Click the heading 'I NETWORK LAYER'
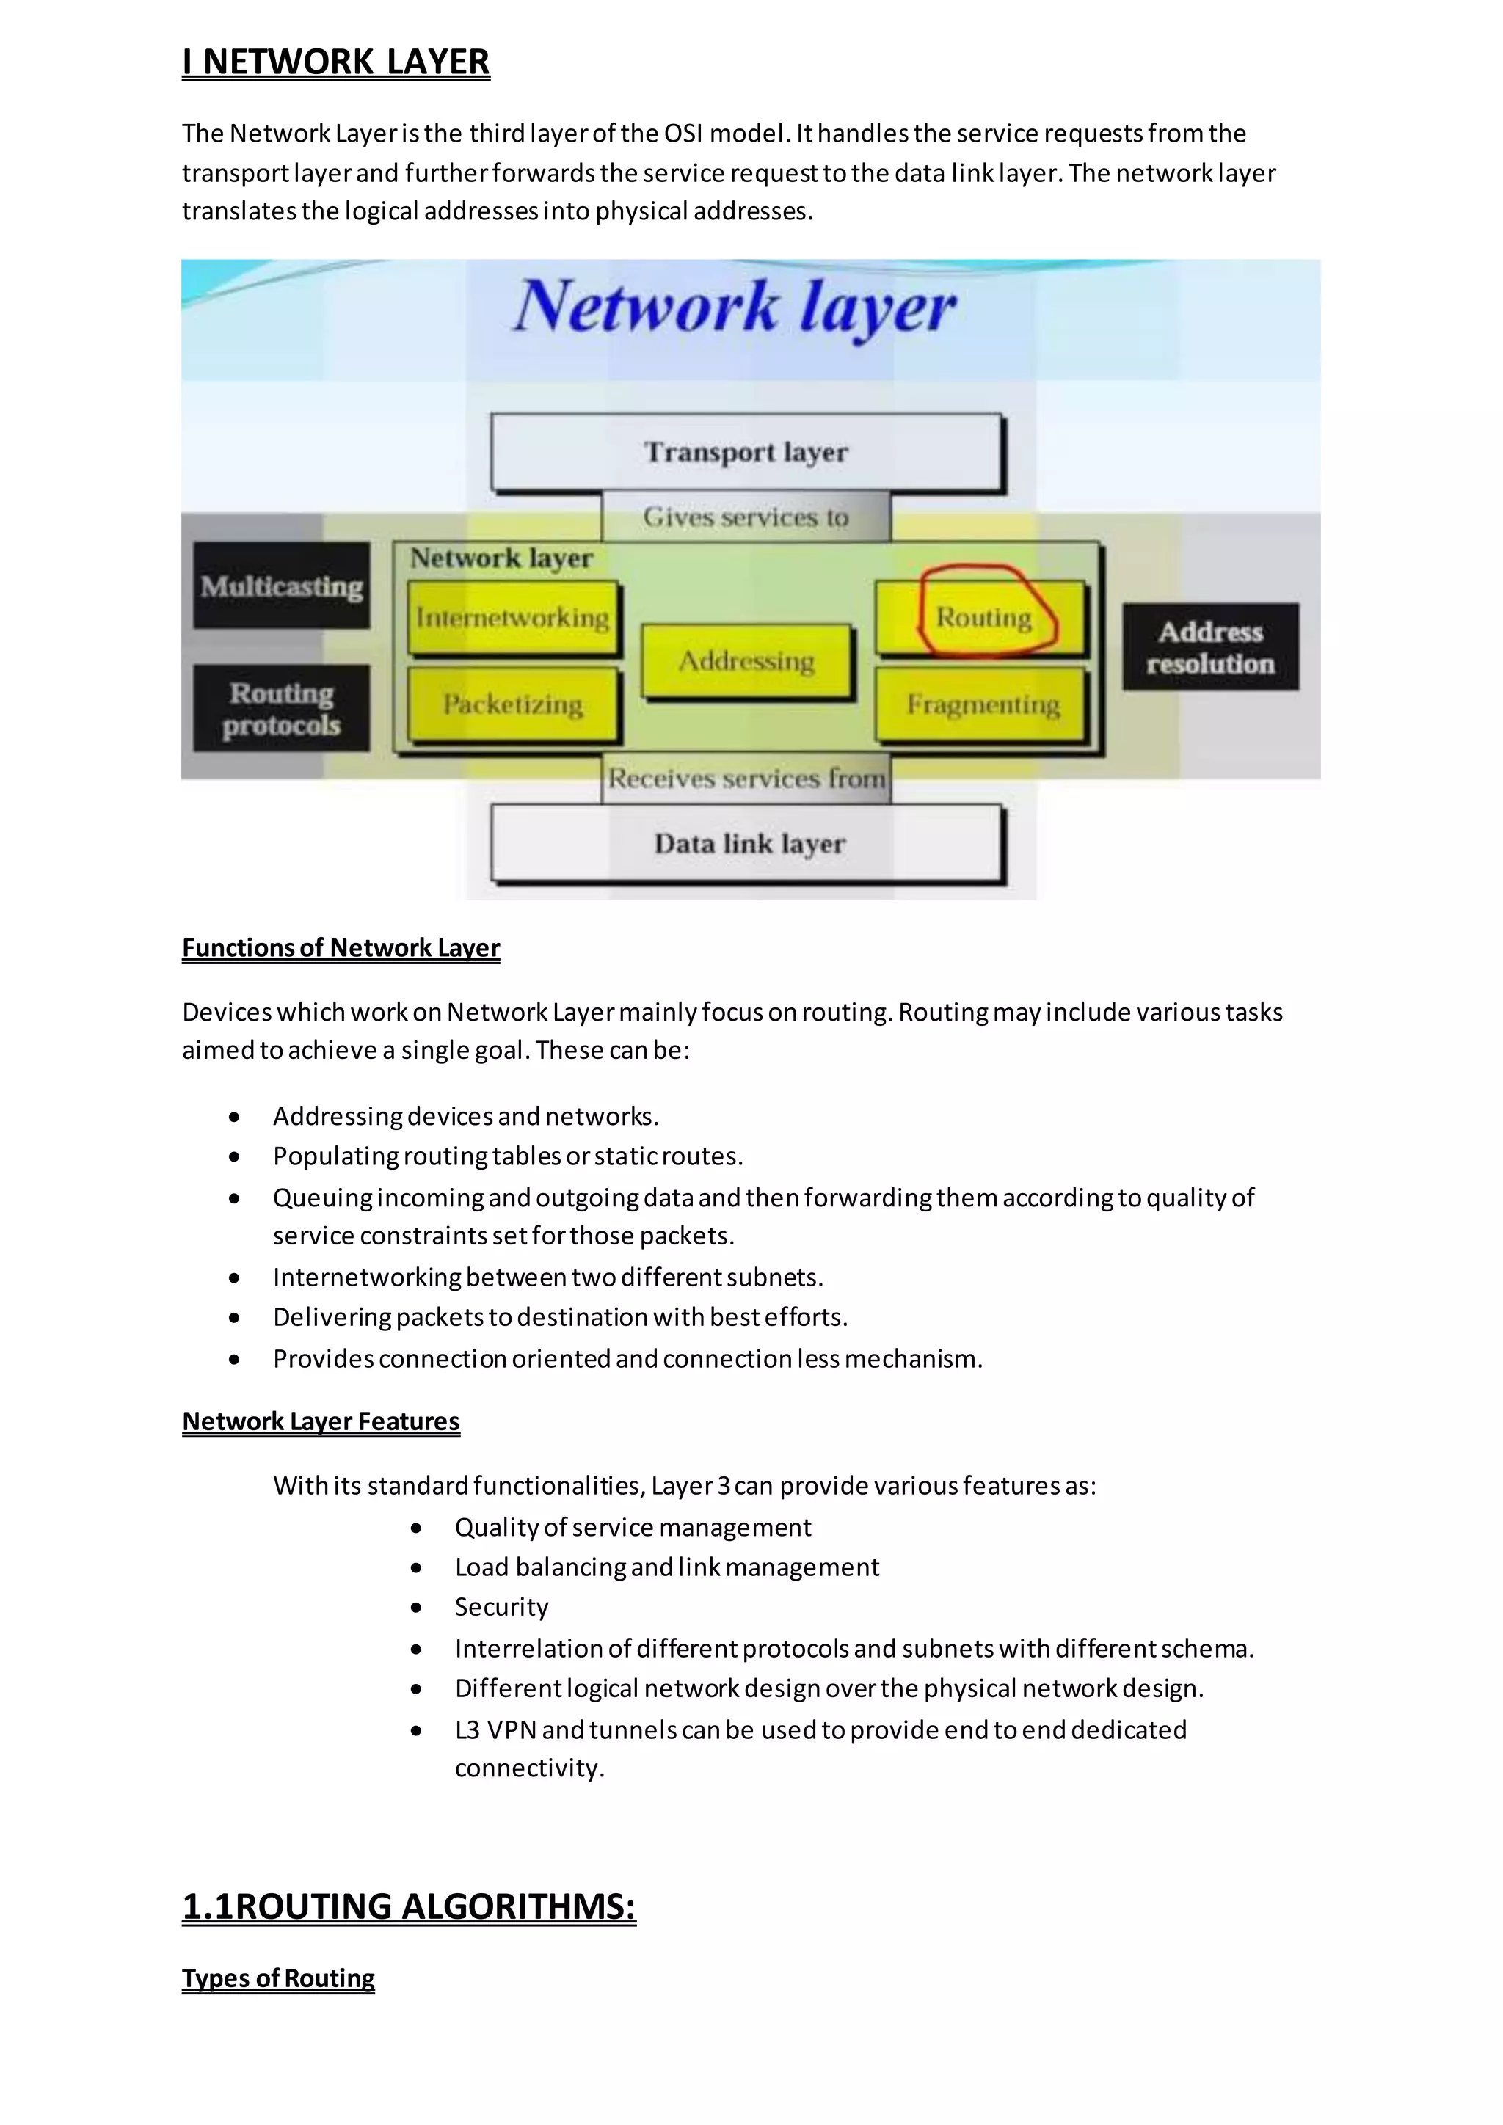tap(335, 62)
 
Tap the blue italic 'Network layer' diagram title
tap(735, 307)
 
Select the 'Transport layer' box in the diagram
tap(746, 453)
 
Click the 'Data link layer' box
tap(748, 844)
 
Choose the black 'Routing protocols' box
tap(281, 709)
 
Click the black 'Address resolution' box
tap(1210, 648)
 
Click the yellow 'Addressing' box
tap(746, 661)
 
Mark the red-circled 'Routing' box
tap(983, 617)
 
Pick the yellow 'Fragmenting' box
tap(982, 705)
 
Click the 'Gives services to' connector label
tap(746, 517)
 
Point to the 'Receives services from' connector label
tap(746, 779)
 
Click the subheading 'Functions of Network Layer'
tap(341, 948)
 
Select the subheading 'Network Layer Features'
tap(320, 1421)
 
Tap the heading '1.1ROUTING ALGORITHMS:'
tap(409, 1906)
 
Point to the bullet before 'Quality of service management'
tap(416, 1528)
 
